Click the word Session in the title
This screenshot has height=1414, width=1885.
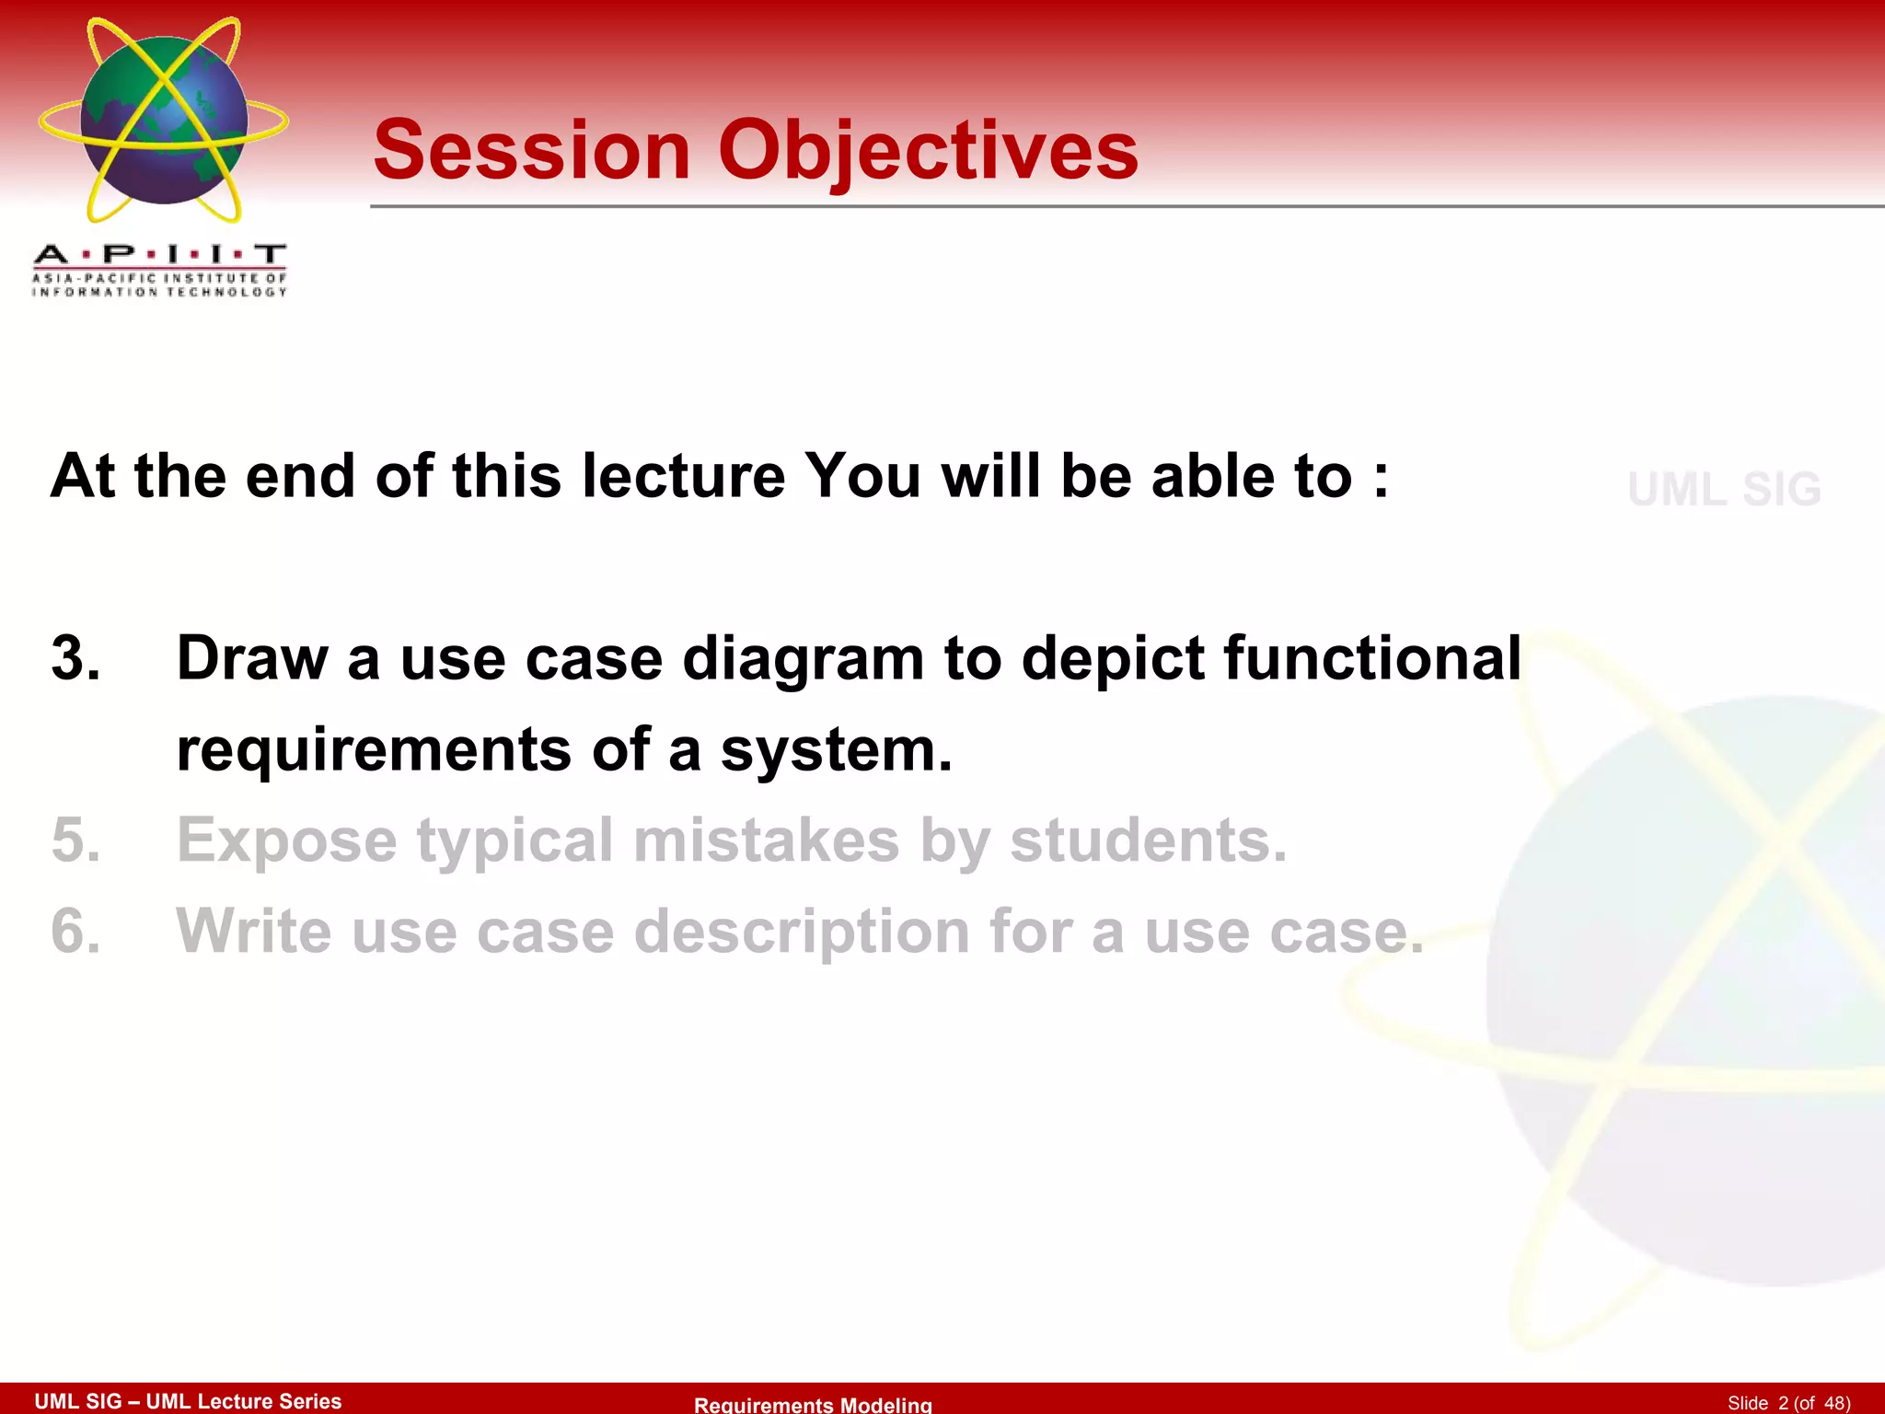point(532,151)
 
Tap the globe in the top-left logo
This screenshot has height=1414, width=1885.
point(164,120)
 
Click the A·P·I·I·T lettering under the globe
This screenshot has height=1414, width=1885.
point(159,254)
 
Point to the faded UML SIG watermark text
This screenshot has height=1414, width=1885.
point(1724,490)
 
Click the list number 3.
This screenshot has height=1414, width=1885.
point(75,659)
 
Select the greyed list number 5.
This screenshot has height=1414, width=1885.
point(75,840)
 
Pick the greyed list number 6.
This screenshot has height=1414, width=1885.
point(75,932)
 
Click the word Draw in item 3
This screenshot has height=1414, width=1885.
point(252,659)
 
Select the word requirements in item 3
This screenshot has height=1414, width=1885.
point(374,751)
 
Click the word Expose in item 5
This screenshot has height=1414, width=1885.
point(286,840)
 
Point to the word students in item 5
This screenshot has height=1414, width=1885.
point(1148,840)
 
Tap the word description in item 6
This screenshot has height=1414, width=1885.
point(802,932)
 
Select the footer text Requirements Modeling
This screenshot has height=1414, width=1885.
point(813,1404)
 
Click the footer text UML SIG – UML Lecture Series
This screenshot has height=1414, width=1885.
point(188,1401)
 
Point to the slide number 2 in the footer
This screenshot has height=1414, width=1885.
point(1783,1403)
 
